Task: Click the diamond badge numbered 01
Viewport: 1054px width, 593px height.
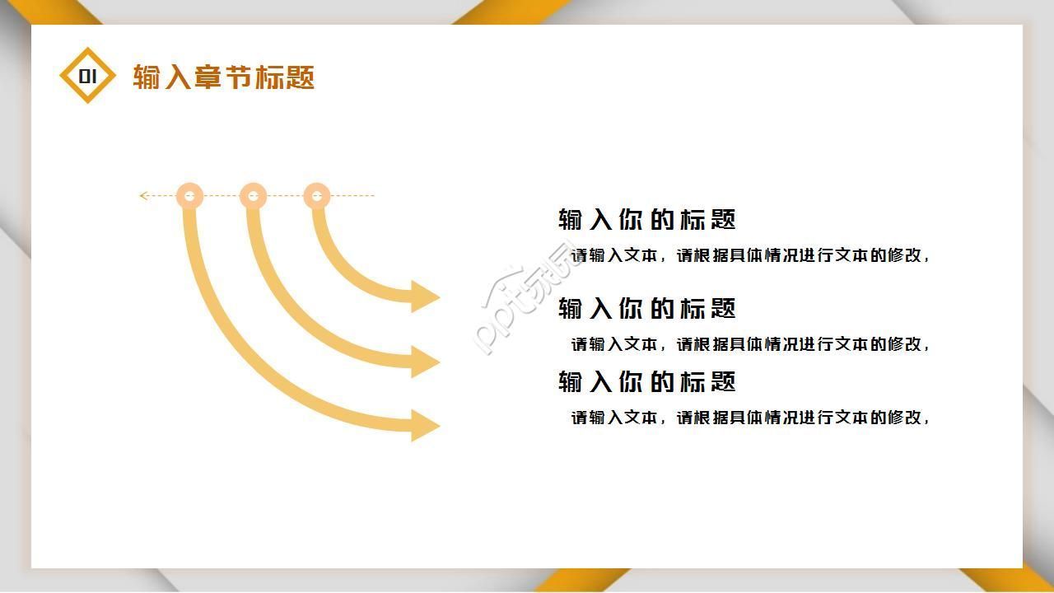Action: (88, 76)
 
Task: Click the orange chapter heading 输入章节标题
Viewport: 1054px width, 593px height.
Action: (224, 77)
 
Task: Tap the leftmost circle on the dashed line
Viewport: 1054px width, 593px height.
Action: (190, 196)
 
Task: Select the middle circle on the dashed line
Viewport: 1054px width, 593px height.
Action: (253, 196)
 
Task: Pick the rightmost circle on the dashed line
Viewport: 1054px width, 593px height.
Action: (316, 196)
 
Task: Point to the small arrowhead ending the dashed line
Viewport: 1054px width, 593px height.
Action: (143, 196)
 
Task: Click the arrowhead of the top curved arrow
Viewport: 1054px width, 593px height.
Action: (425, 296)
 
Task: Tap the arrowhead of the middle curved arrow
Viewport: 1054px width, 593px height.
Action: (425, 361)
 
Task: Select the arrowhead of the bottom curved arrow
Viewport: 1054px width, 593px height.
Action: (425, 425)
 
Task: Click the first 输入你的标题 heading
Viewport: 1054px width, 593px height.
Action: (646, 220)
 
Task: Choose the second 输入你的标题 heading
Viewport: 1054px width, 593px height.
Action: (646, 309)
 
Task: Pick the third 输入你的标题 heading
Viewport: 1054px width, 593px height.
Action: (646, 382)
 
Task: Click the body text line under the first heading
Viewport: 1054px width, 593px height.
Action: (750, 255)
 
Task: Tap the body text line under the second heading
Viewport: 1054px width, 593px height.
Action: (750, 344)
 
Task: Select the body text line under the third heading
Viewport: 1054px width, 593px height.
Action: (750, 418)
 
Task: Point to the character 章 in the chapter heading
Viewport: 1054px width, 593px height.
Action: (209, 77)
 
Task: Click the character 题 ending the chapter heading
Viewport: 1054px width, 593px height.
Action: (301, 77)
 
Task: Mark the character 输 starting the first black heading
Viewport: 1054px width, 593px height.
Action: (571, 220)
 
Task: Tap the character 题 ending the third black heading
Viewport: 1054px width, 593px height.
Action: (722, 382)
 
